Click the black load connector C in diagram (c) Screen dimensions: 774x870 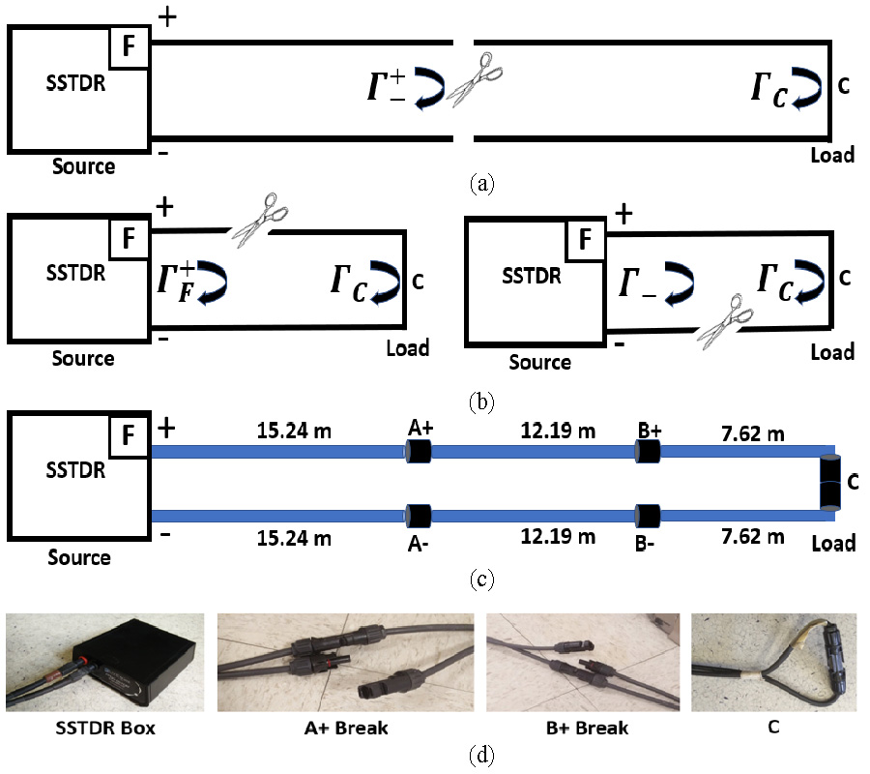829,483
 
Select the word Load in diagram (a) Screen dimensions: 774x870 831,154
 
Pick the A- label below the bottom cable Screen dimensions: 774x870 418,543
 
